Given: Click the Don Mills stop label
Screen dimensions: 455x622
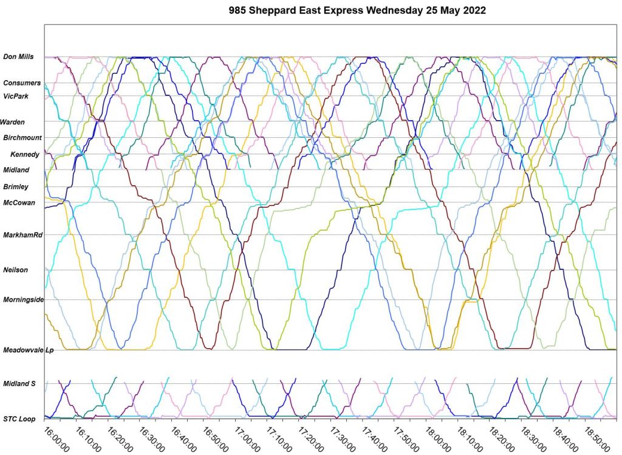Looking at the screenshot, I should tap(18, 57).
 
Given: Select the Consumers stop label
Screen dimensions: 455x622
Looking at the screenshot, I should tap(22, 83).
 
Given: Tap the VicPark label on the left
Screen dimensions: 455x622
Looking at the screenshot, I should tap(16, 96).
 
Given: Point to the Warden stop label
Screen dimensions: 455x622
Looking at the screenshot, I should tap(12, 122).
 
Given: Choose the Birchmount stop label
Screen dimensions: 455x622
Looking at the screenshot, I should tap(22, 138).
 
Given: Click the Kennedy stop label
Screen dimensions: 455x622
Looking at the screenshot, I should tap(25, 155).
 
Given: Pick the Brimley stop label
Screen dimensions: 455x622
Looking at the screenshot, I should tap(16, 187).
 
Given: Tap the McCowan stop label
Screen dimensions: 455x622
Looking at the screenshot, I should tap(19, 203).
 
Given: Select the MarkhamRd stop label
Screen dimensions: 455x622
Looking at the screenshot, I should tap(22, 235).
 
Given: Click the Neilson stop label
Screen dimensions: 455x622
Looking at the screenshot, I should tap(15, 270).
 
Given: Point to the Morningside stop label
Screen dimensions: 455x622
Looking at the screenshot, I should tap(24, 299).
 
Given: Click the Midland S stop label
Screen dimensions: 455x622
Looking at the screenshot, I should tap(19, 383).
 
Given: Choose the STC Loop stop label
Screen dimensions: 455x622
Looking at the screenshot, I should tap(19, 419).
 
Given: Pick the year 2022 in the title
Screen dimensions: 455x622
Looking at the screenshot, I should tap(472, 11).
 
